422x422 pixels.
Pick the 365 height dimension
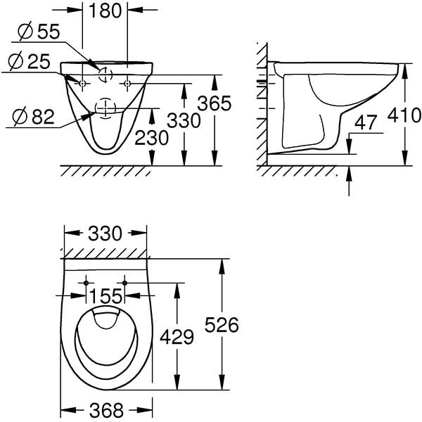tap(214, 103)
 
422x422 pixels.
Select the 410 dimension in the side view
tap(406, 115)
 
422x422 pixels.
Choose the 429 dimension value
tap(177, 338)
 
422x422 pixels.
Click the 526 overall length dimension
tap(222, 325)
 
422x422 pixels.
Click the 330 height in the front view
tap(185, 120)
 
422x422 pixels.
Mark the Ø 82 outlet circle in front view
tap(104, 108)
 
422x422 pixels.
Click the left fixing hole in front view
tap(83, 84)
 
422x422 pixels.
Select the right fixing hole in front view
tap(127, 84)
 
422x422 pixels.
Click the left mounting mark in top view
tap(87, 283)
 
